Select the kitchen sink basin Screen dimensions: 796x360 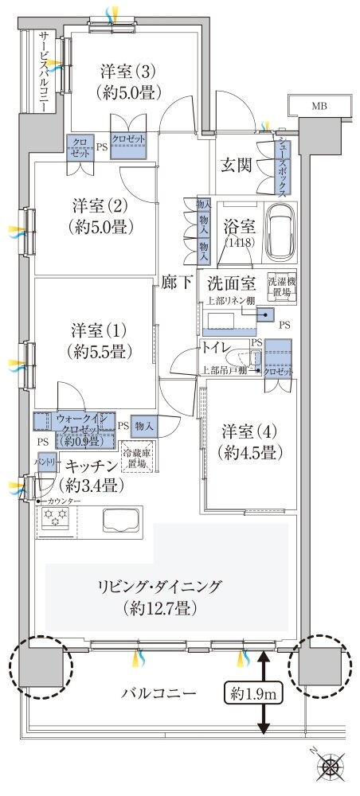120,521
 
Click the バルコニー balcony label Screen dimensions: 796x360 158,693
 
